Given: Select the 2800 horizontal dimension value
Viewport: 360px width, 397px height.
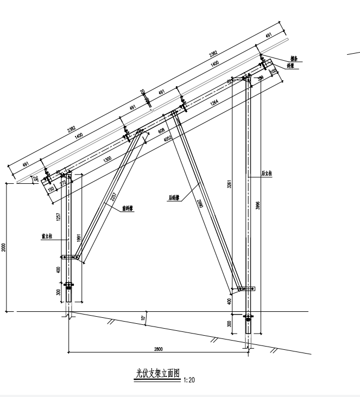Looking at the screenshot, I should click(x=159, y=349).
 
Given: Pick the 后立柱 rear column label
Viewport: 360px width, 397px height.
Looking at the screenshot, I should click(x=267, y=174).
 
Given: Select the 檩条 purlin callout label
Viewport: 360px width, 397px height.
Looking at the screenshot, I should click(x=294, y=57).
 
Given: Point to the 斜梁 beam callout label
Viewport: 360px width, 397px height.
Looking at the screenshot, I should click(x=294, y=66).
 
